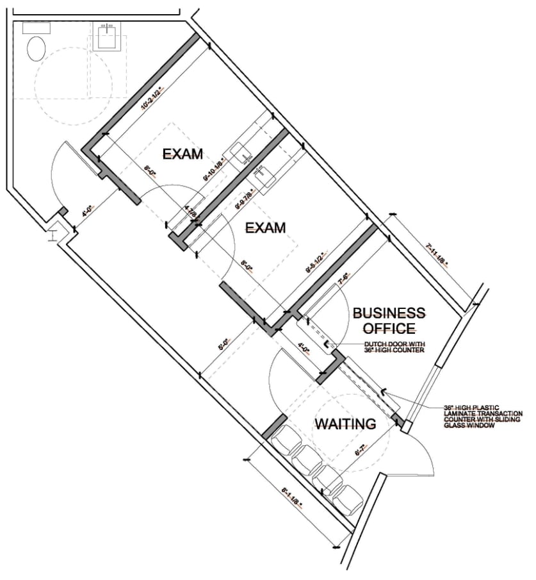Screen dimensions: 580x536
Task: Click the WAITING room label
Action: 345,424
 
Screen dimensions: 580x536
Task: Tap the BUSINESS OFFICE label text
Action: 389,320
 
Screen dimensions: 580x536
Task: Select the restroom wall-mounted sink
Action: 106,35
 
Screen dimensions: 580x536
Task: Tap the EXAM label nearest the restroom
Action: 183,154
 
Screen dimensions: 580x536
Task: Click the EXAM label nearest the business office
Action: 266,228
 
